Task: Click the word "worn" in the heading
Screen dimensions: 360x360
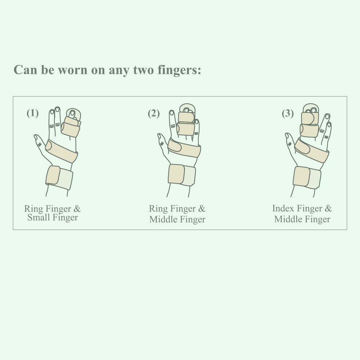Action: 72,70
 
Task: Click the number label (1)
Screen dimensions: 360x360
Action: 33,113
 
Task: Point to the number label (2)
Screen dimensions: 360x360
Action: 154,113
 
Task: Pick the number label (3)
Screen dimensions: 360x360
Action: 288,113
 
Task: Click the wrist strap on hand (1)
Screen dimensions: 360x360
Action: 59,177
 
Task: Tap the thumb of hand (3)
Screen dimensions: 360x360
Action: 290,142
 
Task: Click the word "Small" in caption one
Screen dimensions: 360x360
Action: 38,217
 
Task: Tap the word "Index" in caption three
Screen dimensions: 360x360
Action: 283,208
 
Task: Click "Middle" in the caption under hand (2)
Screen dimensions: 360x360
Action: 163,219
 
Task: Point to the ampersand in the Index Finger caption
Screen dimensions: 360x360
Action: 328,208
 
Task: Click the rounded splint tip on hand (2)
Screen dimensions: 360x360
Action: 187,109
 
